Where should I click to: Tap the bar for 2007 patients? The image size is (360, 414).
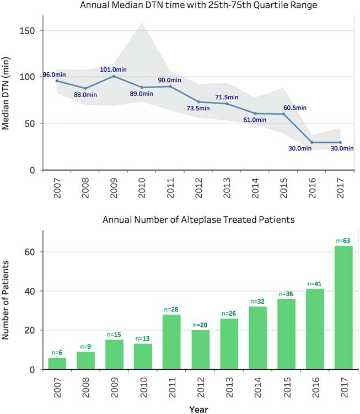[x=57, y=363]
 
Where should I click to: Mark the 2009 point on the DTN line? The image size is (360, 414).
[x=114, y=76]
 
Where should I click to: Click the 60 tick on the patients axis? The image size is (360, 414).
[x=31, y=252]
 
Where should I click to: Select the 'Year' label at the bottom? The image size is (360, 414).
[x=197, y=408]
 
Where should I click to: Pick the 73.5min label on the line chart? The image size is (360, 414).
[x=197, y=109]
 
